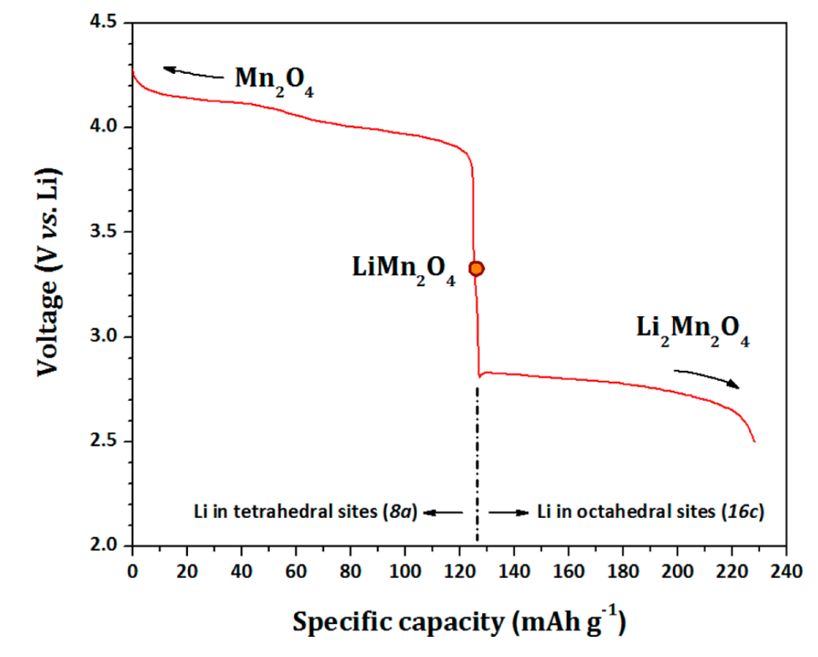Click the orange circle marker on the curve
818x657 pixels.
pyautogui.click(x=476, y=268)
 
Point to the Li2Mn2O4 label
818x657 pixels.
pyautogui.click(x=693, y=330)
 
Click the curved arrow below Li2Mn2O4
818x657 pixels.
pyautogui.click(x=706, y=377)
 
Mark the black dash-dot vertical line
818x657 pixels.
pyautogui.click(x=477, y=466)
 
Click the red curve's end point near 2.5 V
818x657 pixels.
pyautogui.click(x=754, y=441)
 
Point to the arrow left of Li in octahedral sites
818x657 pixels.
pyautogui.click(x=508, y=512)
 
